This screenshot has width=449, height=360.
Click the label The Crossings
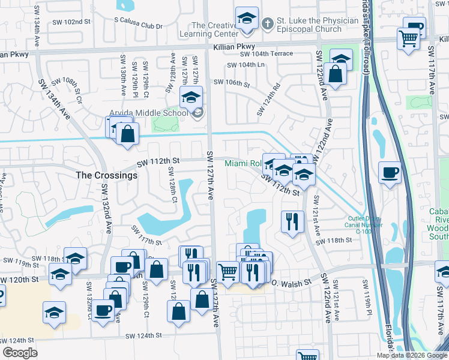point(106,176)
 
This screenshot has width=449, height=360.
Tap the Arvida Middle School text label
point(152,112)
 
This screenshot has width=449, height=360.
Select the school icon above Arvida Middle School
point(191,97)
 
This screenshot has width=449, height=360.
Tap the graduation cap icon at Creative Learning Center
point(246,19)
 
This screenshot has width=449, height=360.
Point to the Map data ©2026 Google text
point(412,355)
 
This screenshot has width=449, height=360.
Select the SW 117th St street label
point(147,235)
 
